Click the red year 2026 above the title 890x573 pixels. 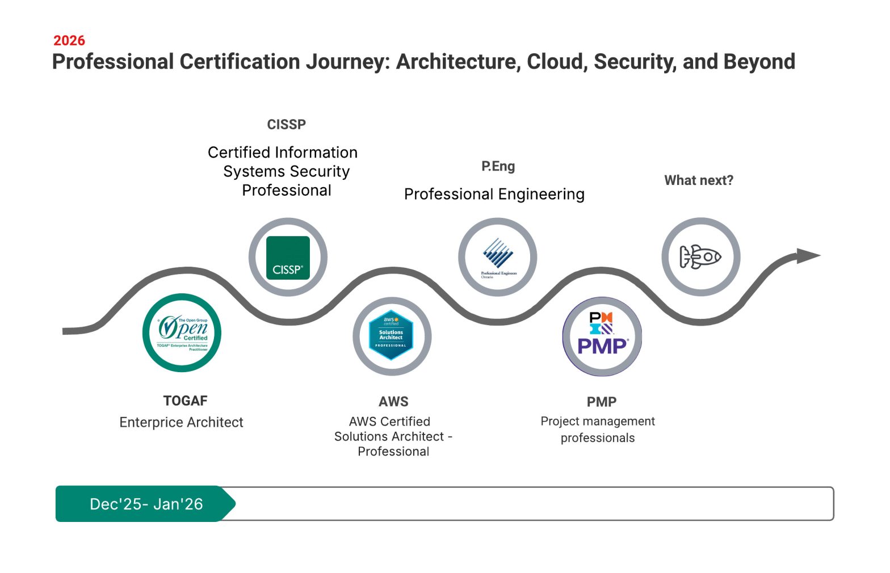point(69,41)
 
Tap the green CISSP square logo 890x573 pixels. point(288,258)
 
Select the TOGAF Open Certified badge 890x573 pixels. point(182,333)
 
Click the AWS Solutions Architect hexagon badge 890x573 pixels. point(391,335)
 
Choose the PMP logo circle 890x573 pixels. point(602,336)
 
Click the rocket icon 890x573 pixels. point(700,257)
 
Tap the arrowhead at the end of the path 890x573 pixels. point(808,256)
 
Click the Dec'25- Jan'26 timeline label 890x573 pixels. point(146,504)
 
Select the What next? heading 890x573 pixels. point(699,180)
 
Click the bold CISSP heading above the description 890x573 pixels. point(287,125)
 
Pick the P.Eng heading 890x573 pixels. point(498,166)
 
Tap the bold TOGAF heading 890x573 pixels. point(185,401)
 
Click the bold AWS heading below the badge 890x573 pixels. point(393,402)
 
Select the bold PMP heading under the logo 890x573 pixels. point(602,402)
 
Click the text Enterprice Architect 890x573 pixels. point(181,423)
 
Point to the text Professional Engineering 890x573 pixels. point(494,195)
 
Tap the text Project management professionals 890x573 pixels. point(598,429)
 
